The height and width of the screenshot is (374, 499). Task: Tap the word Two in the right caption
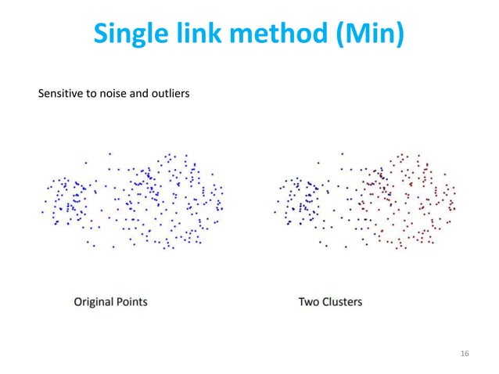coord(309,300)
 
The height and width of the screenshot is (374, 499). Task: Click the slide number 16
coord(465,355)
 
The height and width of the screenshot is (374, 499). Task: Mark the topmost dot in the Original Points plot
coord(110,153)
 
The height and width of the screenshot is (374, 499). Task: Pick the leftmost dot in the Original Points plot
coord(42,211)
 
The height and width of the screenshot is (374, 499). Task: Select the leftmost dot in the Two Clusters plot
coord(273,211)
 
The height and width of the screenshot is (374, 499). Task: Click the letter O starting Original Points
coord(79,300)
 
